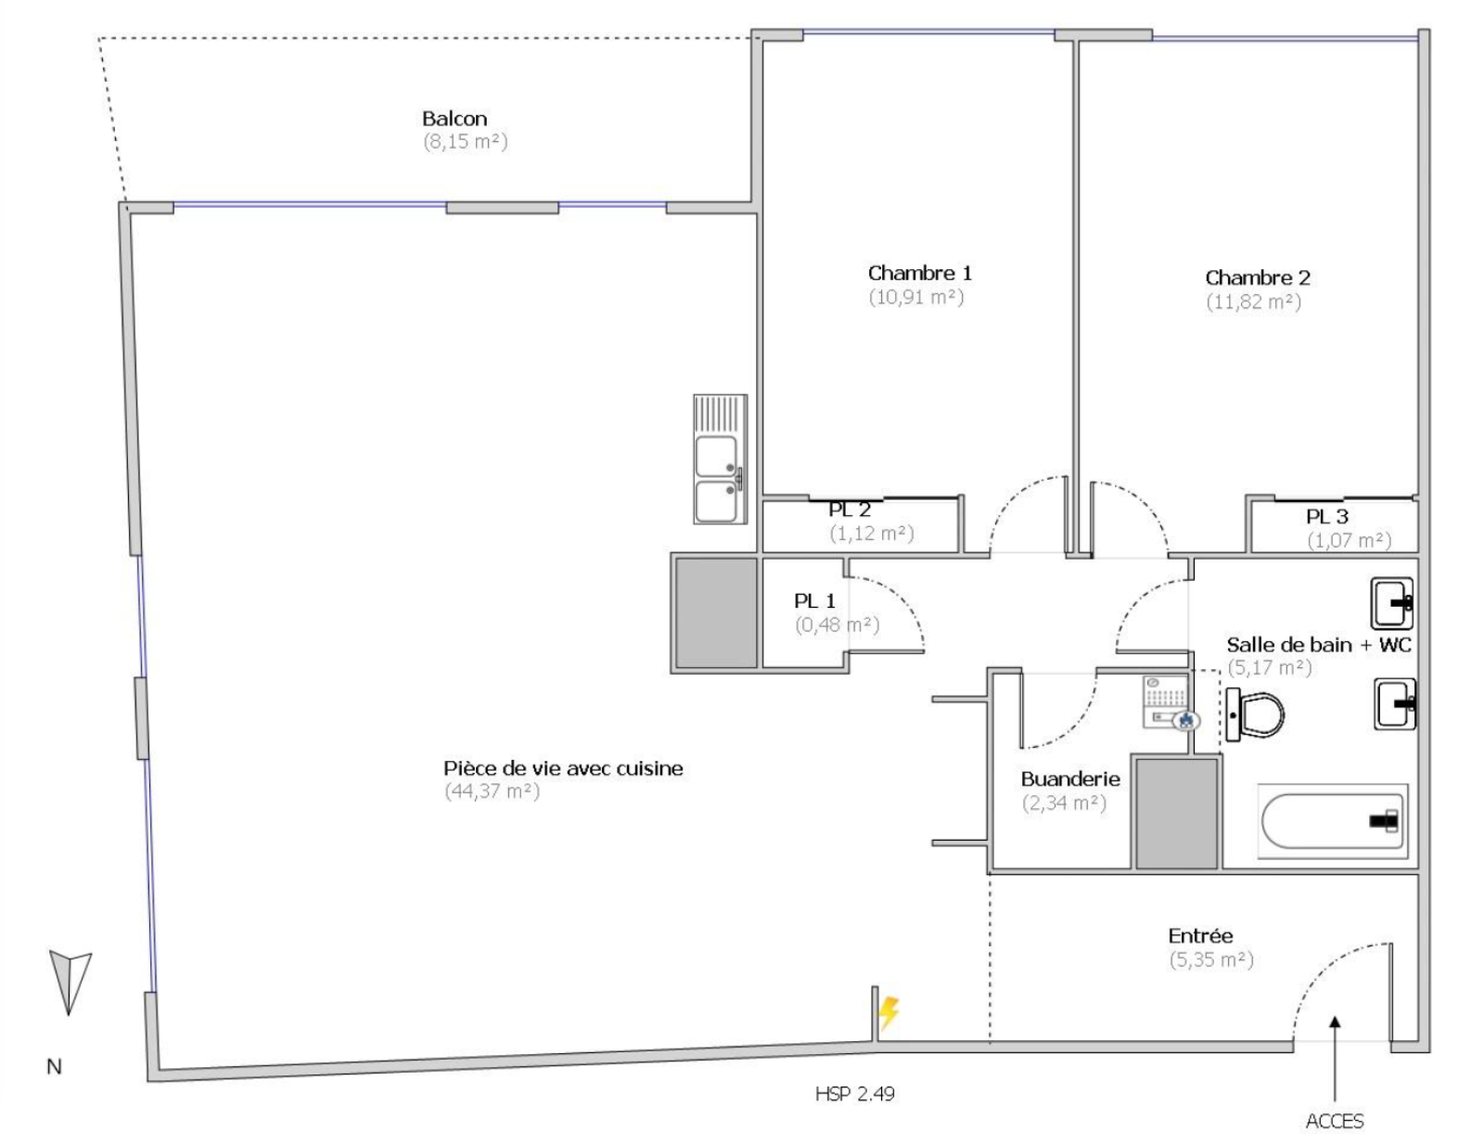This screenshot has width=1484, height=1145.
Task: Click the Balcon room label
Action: pos(454,119)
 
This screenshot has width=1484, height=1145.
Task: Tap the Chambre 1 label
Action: pos(919,273)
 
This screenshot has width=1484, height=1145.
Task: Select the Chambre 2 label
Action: pos(1257,277)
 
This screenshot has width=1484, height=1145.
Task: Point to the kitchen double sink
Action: pos(720,458)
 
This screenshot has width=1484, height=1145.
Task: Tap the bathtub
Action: pos(1332,820)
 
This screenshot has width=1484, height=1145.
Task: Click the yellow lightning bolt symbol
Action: pos(889,1012)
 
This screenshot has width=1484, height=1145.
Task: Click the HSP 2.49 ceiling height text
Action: pos(854,1094)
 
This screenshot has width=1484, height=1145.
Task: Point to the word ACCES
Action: pos(1334,1121)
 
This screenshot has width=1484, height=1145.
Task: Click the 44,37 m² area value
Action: pos(492,791)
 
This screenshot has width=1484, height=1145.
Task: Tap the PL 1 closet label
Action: pos(814,601)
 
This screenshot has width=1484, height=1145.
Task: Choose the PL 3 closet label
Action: pos(1326,517)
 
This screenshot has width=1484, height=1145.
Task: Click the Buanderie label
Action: pos(1069,779)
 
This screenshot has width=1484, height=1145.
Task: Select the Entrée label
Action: pos(1199,936)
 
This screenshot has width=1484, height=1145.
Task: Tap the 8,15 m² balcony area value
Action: pos(466,142)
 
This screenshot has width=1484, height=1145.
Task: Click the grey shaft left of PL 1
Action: pos(715,612)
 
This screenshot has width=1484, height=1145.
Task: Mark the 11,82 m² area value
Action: pos(1253,302)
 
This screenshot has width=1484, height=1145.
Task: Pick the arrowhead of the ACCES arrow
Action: pos(1335,1023)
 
